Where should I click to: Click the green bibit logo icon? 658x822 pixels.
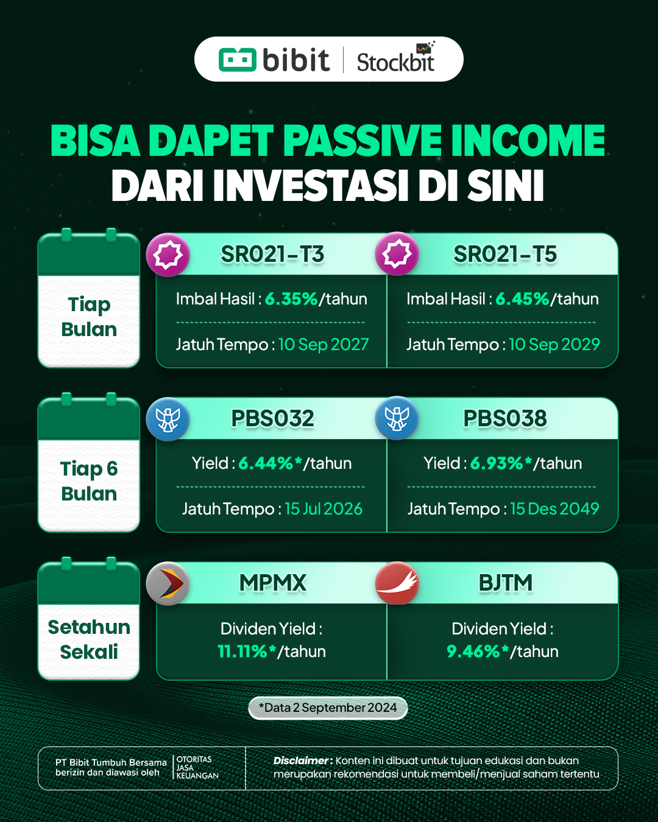pyautogui.click(x=238, y=60)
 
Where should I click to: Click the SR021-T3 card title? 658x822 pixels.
pyautogui.click(x=272, y=255)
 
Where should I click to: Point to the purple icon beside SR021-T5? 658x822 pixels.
pyautogui.click(x=397, y=254)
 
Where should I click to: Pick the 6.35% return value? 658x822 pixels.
pyautogui.click(x=291, y=299)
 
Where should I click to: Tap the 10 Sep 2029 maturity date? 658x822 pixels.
pyautogui.click(x=554, y=345)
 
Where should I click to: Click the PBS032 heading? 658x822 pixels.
pyautogui.click(x=272, y=418)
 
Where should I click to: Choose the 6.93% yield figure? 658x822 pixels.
pyautogui.click(x=500, y=463)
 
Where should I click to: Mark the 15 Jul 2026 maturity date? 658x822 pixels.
pyautogui.click(x=324, y=509)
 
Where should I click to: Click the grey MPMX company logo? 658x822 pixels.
pyautogui.click(x=168, y=583)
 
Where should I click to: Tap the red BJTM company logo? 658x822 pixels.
pyautogui.click(x=397, y=583)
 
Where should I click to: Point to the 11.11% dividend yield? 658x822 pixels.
pyautogui.click(x=246, y=652)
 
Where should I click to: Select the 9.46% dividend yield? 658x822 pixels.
pyautogui.click(x=477, y=652)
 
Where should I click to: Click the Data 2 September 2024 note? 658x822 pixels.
pyautogui.click(x=328, y=708)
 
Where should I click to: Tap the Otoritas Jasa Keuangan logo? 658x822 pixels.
pyautogui.click(x=196, y=767)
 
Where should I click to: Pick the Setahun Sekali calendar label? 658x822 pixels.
pyautogui.click(x=89, y=639)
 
